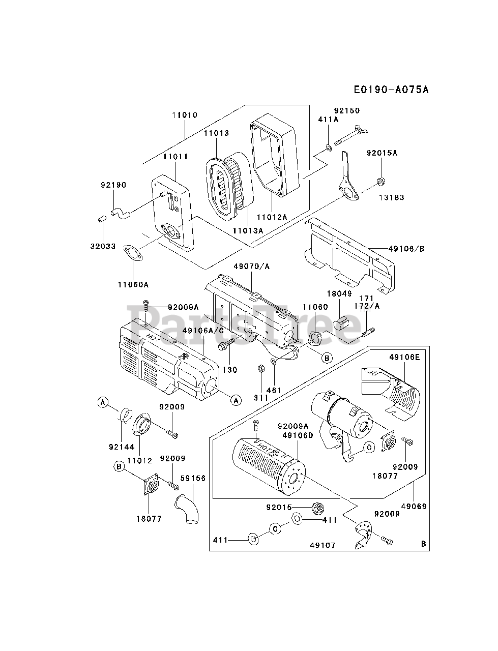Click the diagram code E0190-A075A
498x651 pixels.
click(391, 90)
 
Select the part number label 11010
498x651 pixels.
click(185, 115)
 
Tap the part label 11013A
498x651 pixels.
click(248, 230)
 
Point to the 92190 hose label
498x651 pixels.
click(113, 185)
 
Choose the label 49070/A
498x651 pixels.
click(251, 267)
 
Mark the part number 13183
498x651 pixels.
click(392, 197)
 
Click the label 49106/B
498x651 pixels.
click(406, 249)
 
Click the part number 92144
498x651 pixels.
click(122, 447)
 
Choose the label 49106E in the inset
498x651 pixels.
click(404, 358)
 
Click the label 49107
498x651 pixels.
click(323, 545)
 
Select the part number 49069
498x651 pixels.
click(414, 506)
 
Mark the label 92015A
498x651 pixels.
click(382, 153)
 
